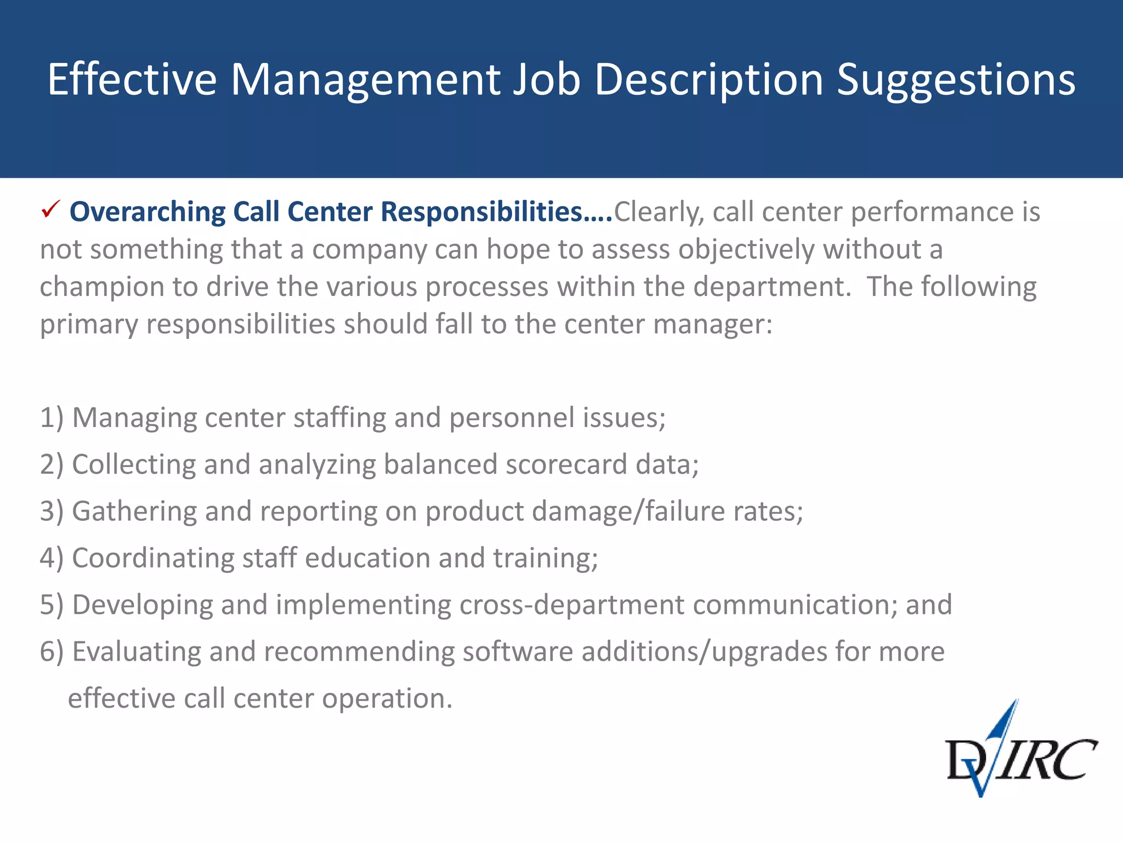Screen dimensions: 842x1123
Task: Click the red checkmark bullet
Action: (50, 210)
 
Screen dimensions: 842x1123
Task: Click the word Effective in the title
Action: (132, 80)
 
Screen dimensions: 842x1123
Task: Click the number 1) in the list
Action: (52, 418)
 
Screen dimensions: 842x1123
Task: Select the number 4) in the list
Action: (52, 558)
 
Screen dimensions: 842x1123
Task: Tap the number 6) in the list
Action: (52, 652)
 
